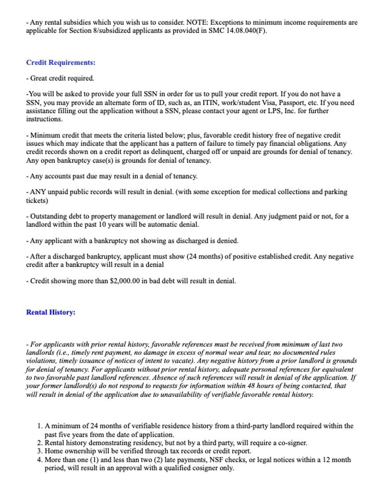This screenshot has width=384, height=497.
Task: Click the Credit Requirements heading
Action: pyautogui.click(x=61, y=63)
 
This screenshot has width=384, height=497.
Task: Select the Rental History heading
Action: pyautogui.click(x=51, y=312)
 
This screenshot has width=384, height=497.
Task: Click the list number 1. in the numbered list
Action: pyautogui.click(x=40, y=426)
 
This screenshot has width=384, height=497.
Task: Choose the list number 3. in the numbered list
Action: pyautogui.click(x=40, y=451)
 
